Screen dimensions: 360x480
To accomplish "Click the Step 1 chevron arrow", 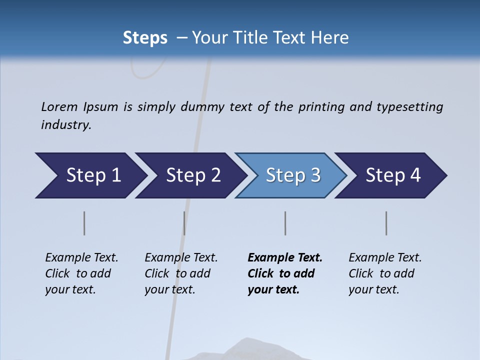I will pyautogui.click(x=92, y=175).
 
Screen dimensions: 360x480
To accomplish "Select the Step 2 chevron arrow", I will pyautogui.click(x=192, y=175).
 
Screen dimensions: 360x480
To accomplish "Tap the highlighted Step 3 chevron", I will pyautogui.click(x=292, y=175).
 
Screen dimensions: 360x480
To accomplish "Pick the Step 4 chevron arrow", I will pyautogui.click(x=392, y=175).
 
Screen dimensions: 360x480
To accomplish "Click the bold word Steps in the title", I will pyautogui.click(x=145, y=38).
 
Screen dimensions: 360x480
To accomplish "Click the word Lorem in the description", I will pyautogui.click(x=59, y=106).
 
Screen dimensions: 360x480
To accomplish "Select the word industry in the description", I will pyautogui.click(x=65, y=125).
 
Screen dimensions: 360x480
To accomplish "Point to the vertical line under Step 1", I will pyautogui.click(x=84, y=223).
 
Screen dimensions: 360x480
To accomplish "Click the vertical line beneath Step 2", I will pyautogui.click(x=184, y=223).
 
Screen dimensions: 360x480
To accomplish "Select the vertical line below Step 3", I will pyautogui.click(x=285, y=223).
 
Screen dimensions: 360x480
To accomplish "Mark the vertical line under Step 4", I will pyautogui.click(x=386, y=223).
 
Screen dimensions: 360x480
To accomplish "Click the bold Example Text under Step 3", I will pyautogui.click(x=285, y=273).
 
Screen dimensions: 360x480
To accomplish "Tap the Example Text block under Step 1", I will pyautogui.click(x=81, y=273).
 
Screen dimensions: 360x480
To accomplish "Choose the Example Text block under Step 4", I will pyautogui.click(x=385, y=273).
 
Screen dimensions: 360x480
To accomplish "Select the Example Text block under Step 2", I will pyautogui.click(x=181, y=273).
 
